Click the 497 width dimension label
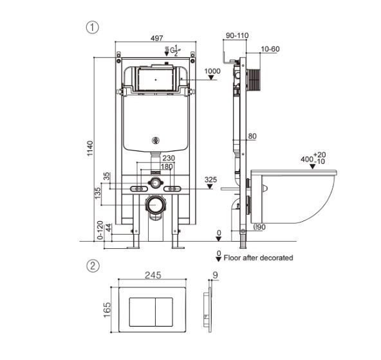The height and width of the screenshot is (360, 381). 157,38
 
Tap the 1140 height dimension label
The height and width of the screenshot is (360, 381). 90,148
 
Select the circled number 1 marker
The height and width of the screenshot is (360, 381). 92,28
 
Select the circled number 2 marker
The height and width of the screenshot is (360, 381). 93,265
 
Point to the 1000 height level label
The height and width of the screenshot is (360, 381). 212,71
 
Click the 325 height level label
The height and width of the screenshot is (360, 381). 210,179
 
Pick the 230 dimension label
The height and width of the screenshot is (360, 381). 169,158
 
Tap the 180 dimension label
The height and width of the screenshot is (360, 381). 167,166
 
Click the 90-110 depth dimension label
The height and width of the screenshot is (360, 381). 237,35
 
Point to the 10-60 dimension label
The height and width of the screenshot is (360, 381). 270,49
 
